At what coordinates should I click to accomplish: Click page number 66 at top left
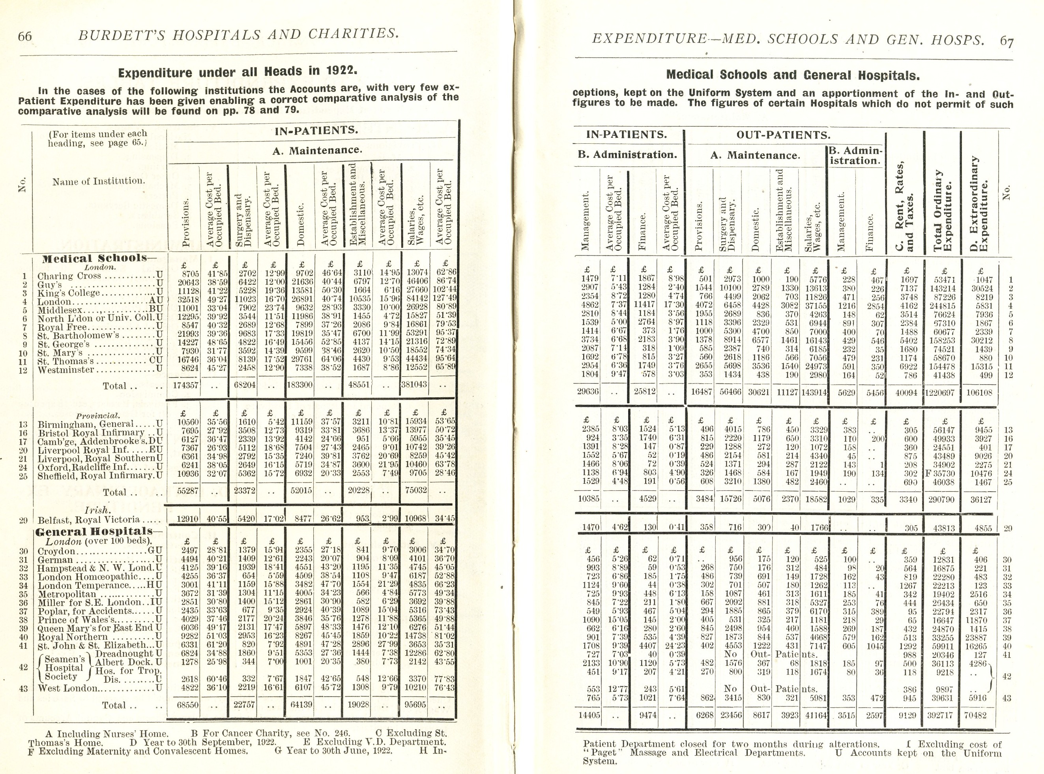click(25, 36)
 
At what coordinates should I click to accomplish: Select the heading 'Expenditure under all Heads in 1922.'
click(238, 72)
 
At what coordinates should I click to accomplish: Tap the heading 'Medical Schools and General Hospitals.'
click(793, 75)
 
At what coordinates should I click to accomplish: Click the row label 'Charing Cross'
click(69, 276)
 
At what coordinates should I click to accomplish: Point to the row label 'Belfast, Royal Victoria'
click(88, 520)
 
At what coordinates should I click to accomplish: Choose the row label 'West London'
click(68, 688)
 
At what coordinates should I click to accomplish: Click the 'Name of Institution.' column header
click(98, 181)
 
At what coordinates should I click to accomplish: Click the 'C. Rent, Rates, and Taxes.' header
click(905, 206)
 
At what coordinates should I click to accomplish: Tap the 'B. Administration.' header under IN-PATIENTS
click(627, 155)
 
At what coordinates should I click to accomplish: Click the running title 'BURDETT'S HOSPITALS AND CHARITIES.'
click(239, 34)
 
